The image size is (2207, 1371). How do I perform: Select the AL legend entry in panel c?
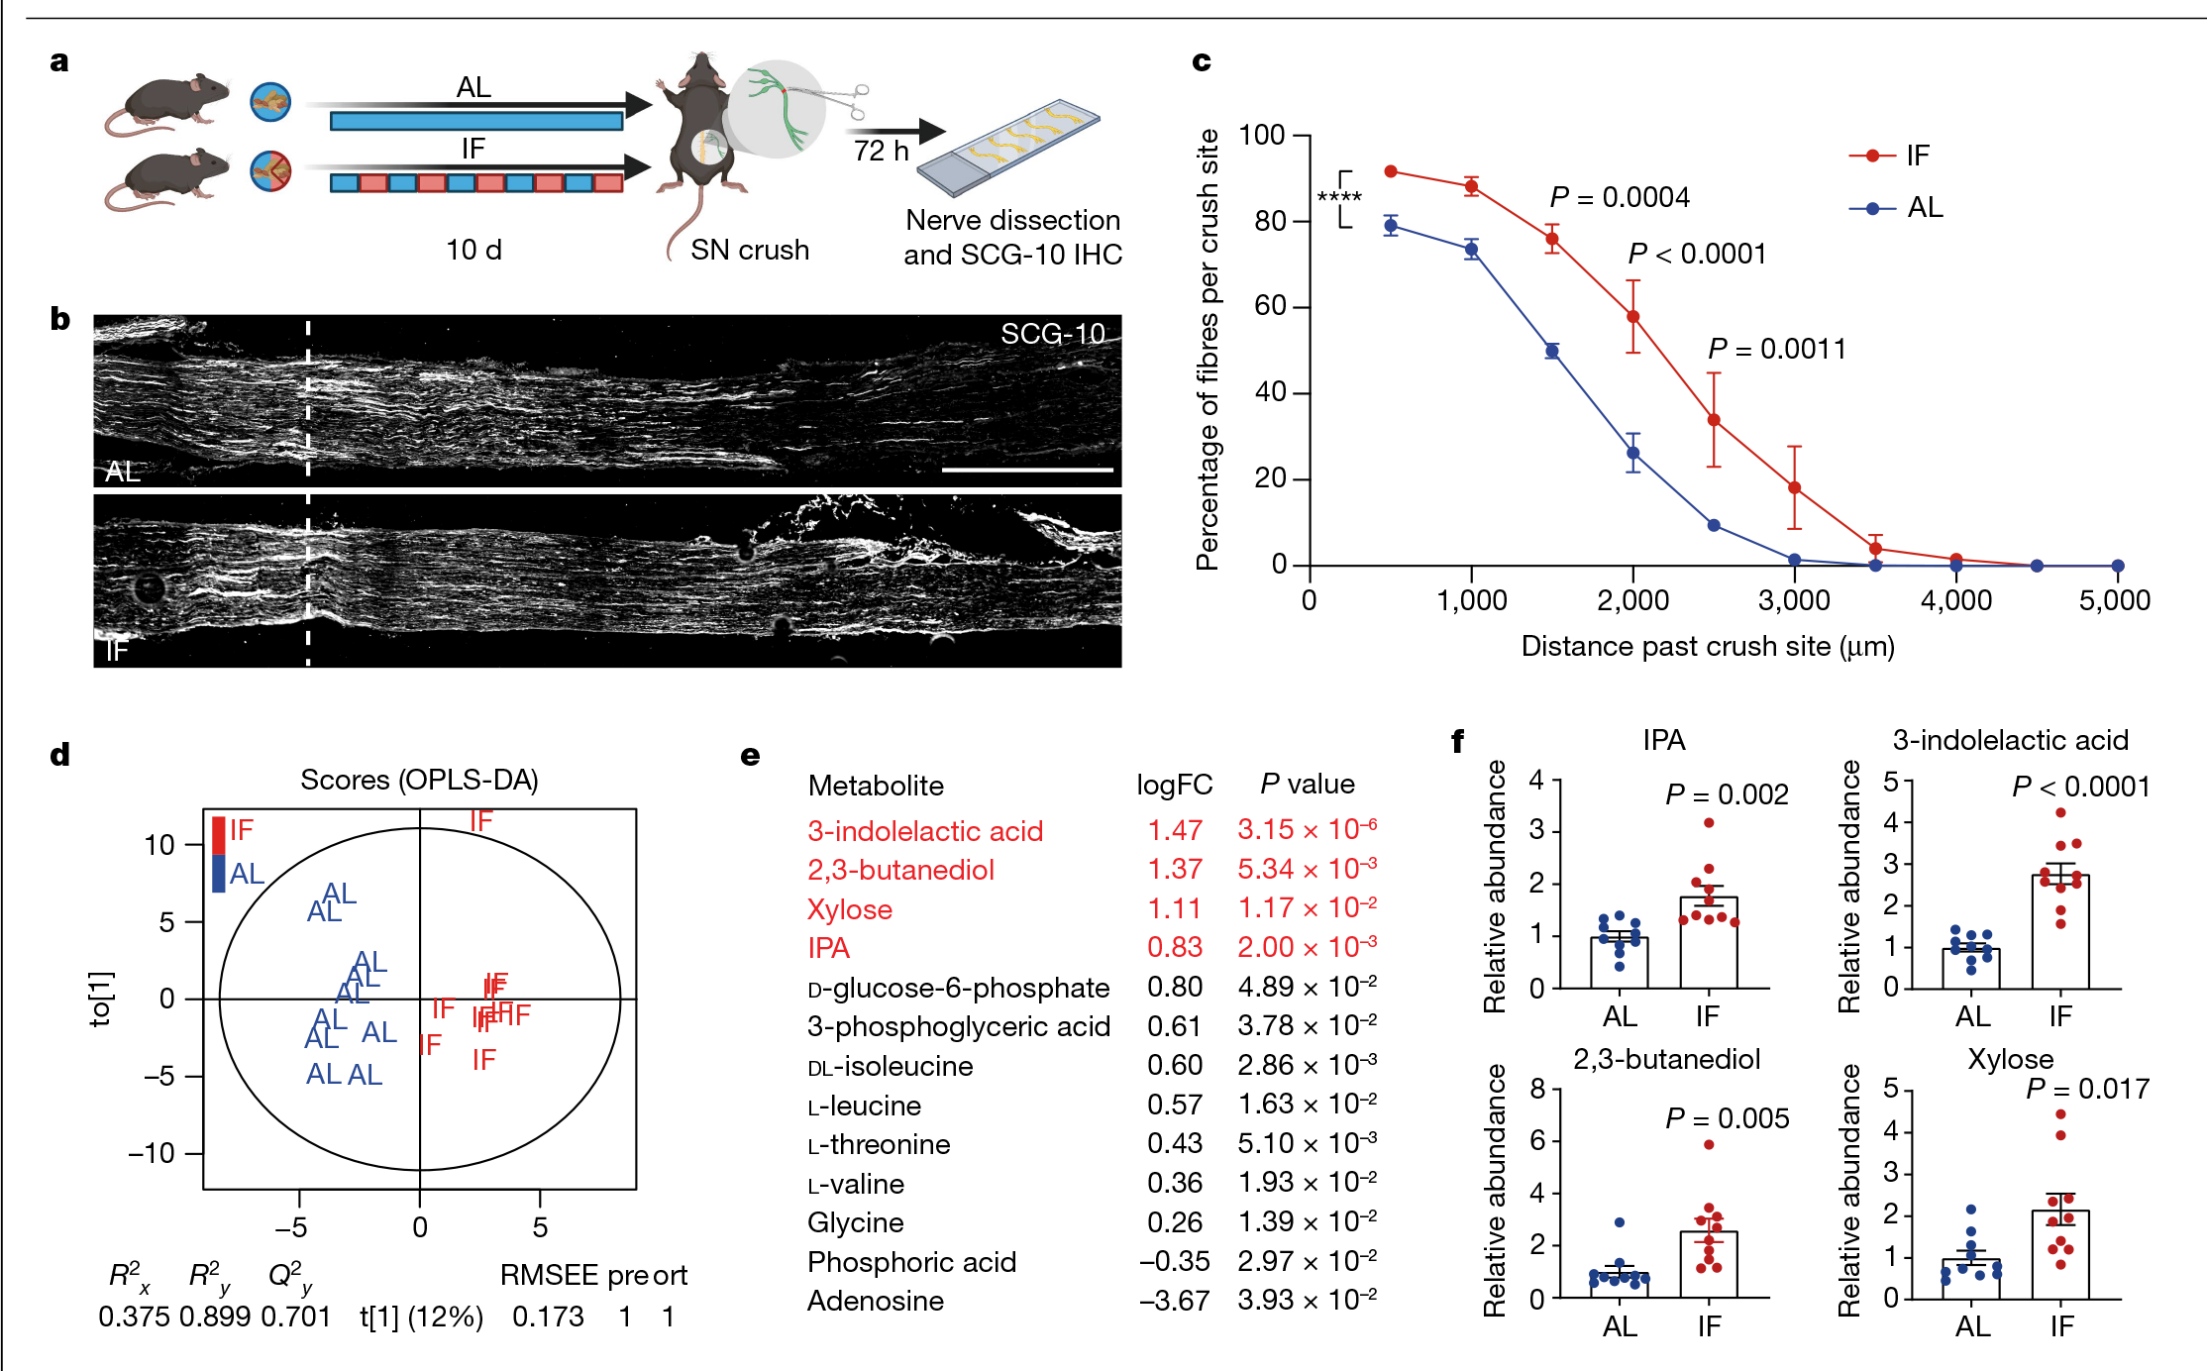pyautogui.click(x=1896, y=208)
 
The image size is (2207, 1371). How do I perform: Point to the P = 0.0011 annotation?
pyautogui.click(x=1777, y=349)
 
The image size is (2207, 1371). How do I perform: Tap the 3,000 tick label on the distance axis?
pyautogui.click(x=1794, y=600)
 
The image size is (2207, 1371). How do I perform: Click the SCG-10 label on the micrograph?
pyautogui.click(x=1052, y=334)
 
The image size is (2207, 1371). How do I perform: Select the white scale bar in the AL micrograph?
pyautogui.click(x=1027, y=470)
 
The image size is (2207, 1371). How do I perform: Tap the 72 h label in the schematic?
pyautogui.click(x=881, y=151)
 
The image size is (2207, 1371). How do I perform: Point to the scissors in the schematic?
pyautogui.click(x=842, y=97)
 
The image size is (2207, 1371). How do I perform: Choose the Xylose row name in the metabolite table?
pyautogui.click(x=850, y=909)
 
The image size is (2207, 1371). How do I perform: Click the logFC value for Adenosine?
pyautogui.click(x=1174, y=1301)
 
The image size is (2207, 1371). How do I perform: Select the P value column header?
pyautogui.click(x=1307, y=786)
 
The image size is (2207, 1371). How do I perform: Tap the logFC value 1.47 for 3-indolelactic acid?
pyautogui.click(x=1175, y=831)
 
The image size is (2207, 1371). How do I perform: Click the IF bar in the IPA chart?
pyautogui.click(x=1709, y=942)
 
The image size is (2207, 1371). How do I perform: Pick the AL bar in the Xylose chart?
pyautogui.click(x=1971, y=1278)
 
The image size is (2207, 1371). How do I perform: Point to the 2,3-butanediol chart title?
pyautogui.click(x=1666, y=1059)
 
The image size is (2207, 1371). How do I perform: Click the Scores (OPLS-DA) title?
pyautogui.click(x=419, y=781)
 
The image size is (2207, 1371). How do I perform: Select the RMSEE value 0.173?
pyautogui.click(x=548, y=1317)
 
